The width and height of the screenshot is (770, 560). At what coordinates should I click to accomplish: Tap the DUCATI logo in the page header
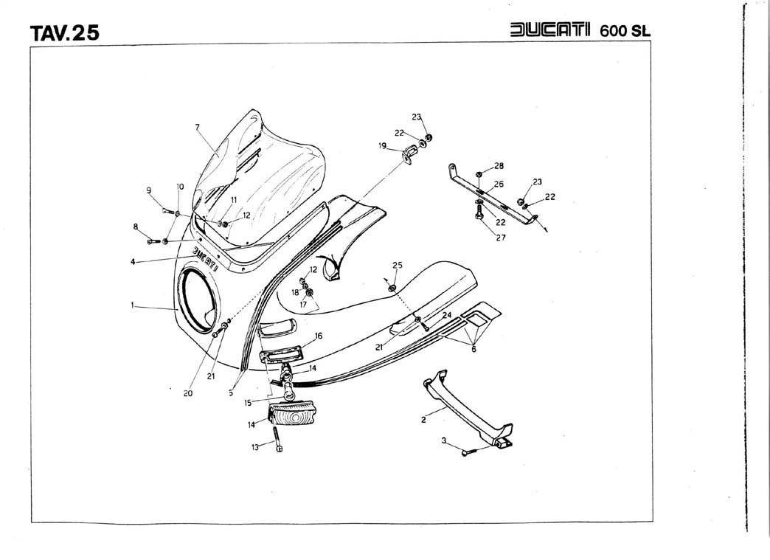552,30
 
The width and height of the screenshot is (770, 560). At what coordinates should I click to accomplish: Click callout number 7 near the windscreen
198,127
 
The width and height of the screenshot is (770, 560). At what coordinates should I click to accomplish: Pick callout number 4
133,261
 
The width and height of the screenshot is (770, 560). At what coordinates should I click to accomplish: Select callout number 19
383,146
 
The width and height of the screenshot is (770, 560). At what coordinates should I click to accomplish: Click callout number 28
499,165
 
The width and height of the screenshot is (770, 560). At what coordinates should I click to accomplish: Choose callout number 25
398,264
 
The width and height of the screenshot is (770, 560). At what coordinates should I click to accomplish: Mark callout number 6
473,349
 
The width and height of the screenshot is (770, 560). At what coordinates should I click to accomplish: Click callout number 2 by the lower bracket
423,420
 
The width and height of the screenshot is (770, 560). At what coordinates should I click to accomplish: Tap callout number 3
444,440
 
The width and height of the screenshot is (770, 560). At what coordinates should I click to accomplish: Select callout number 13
255,446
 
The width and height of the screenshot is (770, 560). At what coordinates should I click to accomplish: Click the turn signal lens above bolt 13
295,418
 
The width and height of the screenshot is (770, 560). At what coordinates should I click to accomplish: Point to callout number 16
319,336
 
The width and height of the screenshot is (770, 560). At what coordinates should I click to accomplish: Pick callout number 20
188,393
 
